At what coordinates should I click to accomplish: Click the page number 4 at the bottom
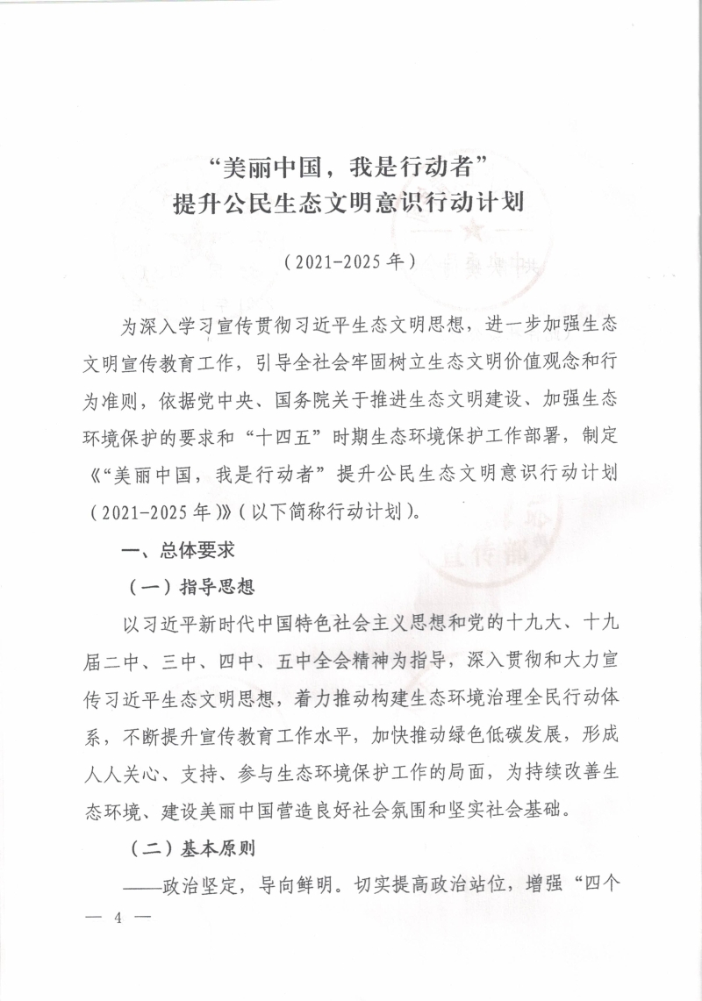(117, 920)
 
